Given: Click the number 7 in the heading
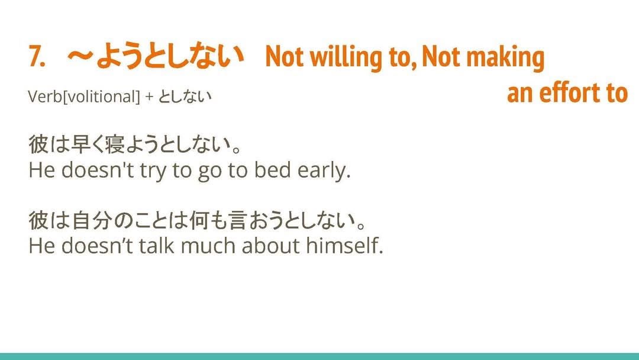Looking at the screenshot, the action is coord(37,56).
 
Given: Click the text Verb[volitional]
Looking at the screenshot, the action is coord(84,97).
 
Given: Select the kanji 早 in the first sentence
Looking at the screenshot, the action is coord(80,144).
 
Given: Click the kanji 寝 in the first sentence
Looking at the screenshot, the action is coord(115,144).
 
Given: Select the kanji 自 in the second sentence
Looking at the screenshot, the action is coord(80,221).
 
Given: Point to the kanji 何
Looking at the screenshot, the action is coord(199,221).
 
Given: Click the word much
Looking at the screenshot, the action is coord(208,246).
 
